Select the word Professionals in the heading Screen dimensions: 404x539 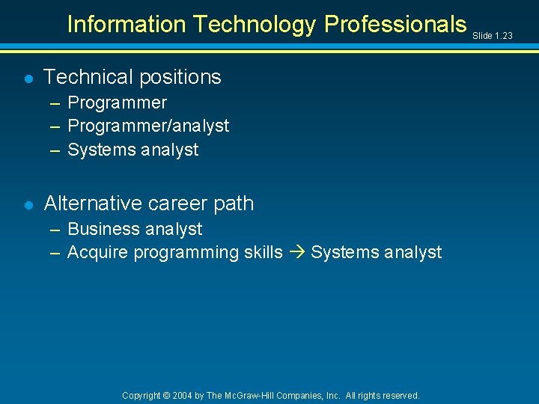[395, 25]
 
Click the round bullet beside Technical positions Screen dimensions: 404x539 [28, 78]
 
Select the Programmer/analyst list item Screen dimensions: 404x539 [148, 126]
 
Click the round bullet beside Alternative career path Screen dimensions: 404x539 [28, 204]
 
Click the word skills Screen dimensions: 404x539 [263, 252]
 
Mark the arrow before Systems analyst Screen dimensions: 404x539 [296, 253]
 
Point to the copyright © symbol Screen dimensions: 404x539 [167, 396]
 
